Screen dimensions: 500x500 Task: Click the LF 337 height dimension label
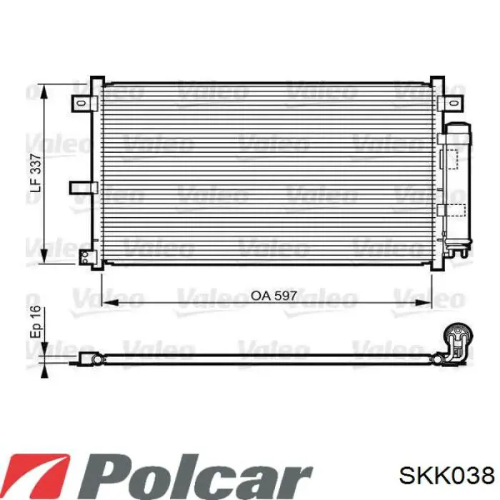pyautogui.click(x=36, y=173)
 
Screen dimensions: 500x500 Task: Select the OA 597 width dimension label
pyautogui.click(x=274, y=296)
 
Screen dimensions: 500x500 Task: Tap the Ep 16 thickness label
pyautogui.click(x=36, y=321)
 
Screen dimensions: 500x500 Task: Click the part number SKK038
pyautogui.click(x=446, y=475)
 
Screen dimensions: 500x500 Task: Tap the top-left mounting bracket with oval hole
pyautogui.click(x=84, y=104)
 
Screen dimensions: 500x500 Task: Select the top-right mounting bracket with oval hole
pyautogui.click(x=449, y=103)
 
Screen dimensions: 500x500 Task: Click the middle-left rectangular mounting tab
pyautogui.click(x=84, y=187)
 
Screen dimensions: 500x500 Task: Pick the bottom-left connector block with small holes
pyautogui.click(x=88, y=258)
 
